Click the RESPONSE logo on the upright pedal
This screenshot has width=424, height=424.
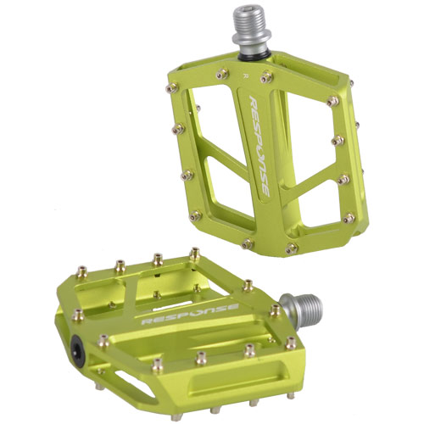[259, 146]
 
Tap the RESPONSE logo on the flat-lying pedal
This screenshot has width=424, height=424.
[190, 314]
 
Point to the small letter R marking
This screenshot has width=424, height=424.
[246, 75]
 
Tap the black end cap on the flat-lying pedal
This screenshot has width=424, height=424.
[78, 351]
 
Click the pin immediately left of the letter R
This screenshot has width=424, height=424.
[222, 74]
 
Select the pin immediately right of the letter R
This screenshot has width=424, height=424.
[266, 77]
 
